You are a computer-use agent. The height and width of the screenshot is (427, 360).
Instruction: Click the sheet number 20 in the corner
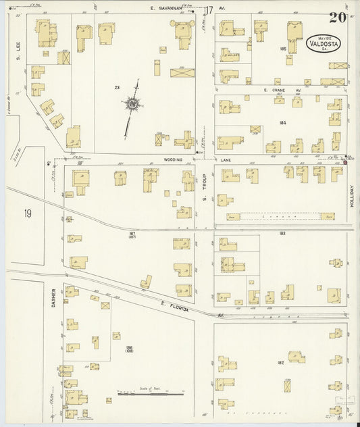pyautogui.click(x=338, y=18)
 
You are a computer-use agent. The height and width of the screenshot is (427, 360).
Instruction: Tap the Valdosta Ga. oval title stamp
pyautogui.click(x=324, y=44)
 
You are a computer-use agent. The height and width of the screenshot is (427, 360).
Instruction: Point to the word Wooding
pyautogui.click(x=174, y=160)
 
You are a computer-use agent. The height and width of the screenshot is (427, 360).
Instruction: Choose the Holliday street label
pyautogui.click(x=351, y=194)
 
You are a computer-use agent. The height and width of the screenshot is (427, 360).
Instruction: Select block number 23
pyautogui.click(x=117, y=86)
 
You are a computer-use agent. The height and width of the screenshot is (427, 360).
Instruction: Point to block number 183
pyautogui.click(x=282, y=233)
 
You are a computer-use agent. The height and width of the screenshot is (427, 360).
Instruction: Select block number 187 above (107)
pyautogui.click(x=132, y=233)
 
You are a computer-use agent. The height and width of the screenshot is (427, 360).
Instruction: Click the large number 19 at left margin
pyautogui.click(x=28, y=214)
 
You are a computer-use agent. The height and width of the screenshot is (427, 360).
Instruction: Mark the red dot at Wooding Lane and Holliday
pyautogui.click(x=344, y=161)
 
